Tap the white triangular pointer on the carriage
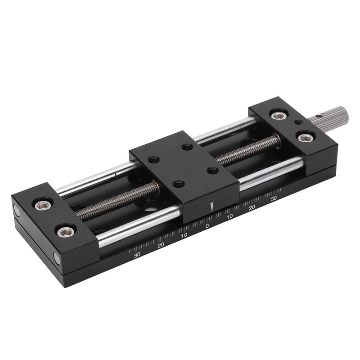pyautogui.click(x=211, y=207)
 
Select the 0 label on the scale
pyautogui.click(x=207, y=226)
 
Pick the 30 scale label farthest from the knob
pyautogui.click(x=137, y=254)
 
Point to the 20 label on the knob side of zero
pyautogui.click(x=252, y=207)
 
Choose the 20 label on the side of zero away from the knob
pyautogui.click(x=161, y=245)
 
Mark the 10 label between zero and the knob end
pyautogui.click(x=229, y=216)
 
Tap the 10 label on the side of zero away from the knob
pyautogui.click(x=184, y=235)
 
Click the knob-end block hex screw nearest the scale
pyautogui.click(x=305, y=137)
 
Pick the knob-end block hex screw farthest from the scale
pyautogui.click(x=279, y=116)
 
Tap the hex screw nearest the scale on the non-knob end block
pyautogui.click(x=66, y=232)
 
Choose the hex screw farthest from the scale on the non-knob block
pyautogui.click(x=43, y=205)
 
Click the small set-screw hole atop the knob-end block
pyautogui.click(x=297, y=122)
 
